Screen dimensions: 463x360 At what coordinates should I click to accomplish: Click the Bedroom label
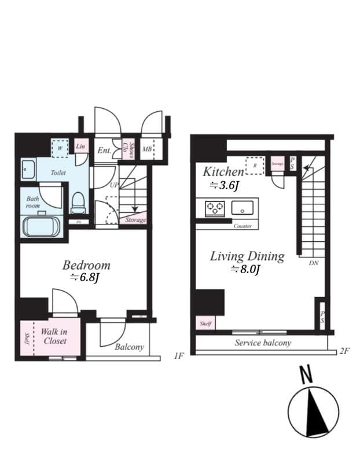(86, 265)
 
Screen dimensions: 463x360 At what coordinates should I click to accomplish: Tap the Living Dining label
(247, 256)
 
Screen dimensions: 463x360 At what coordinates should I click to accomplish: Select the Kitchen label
(223, 171)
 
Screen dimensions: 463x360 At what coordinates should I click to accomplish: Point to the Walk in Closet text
(54, 336)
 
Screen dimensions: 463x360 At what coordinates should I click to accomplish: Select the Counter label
(243, 226)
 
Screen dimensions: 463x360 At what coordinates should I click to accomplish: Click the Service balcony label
(263, 343)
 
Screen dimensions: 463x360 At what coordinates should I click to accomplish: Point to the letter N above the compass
(307, 374)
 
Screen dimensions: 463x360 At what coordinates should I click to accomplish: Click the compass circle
(313, 412)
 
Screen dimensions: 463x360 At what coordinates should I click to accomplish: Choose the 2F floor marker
(346, 351)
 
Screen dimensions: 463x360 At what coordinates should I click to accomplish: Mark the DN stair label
(313, 263)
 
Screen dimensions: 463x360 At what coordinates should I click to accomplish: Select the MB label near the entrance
(147, 150)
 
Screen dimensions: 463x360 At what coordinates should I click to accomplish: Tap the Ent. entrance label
(104, 150)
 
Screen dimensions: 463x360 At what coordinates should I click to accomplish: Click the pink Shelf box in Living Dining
(205, 324)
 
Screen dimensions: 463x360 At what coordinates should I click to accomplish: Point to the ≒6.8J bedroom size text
(85, 278)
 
